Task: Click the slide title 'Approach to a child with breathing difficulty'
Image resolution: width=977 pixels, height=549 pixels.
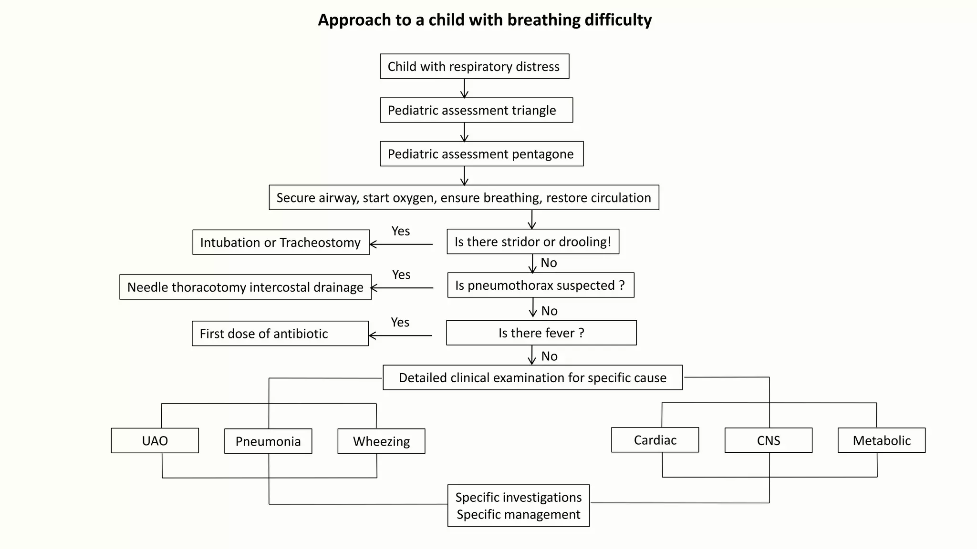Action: (x=485, y=20)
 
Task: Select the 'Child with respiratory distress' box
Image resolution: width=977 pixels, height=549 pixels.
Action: (x=474, y=66)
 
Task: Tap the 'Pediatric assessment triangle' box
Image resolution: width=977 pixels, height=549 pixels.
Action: (x=476, y=110)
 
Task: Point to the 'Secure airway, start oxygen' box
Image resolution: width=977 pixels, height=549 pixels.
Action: (x=464, y=197)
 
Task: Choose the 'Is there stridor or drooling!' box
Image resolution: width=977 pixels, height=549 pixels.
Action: (x=532, y=242)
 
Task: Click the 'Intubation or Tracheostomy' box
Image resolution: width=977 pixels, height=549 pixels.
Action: (x=281, y=242)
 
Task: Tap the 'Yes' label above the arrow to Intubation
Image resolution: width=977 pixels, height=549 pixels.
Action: (x=400, y=231)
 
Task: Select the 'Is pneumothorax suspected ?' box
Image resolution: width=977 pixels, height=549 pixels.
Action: (x=540, y=285)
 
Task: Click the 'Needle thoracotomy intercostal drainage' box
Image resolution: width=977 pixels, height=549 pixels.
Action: (x=245, y=287)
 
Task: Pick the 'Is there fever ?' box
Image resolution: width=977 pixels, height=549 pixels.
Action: (x=541, y=333)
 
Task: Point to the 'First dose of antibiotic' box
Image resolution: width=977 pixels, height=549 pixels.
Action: (x=280, y=334)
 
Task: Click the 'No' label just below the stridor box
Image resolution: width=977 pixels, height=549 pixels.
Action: (x=549, y=263)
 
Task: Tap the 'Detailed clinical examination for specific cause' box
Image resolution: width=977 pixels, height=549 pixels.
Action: (x=532, y=377)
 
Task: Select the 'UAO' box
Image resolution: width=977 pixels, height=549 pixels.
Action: (x=155, y=440)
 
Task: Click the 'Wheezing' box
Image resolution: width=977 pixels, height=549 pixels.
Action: (x=381, y=441)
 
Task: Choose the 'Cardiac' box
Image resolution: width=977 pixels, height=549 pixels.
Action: (x=655, y=440)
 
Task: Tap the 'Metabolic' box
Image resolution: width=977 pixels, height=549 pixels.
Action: (x=881, y=440)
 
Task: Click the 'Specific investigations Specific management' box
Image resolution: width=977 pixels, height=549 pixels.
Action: (x=518, y=506)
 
